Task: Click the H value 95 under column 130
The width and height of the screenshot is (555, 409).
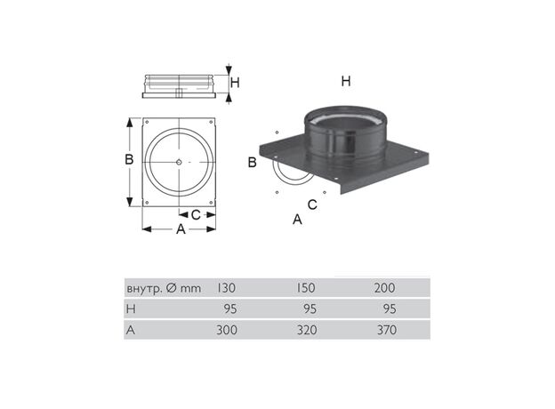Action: click(x=230, y=309)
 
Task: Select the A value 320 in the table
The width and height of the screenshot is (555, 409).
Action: click(x=307, y=330)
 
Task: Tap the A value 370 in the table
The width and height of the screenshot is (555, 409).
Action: click(x=387, y=330)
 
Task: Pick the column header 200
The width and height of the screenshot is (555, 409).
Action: click(x=385, y=288)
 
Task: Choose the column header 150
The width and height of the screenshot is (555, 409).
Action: click(x=305, y=288)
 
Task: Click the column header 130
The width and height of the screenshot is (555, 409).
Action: click(x=226, y=288)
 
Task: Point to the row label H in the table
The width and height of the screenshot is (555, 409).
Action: click(x=131, y=309)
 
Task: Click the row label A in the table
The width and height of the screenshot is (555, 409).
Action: click(x=131, y=330)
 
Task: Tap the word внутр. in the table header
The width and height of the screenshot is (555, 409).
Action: click(x=144, y=289)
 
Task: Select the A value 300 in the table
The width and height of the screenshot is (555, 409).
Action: click(x=227, y=330)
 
